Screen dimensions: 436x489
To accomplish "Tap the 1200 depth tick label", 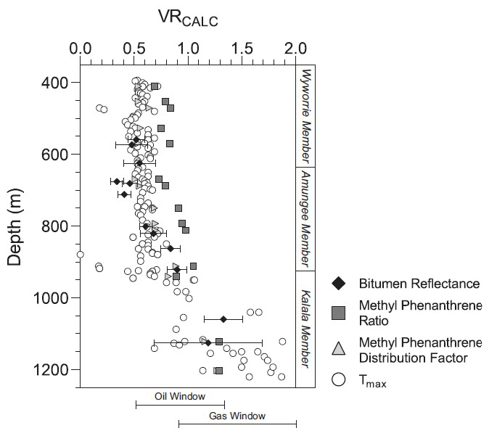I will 51,370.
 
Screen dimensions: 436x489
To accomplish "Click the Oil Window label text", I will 180,397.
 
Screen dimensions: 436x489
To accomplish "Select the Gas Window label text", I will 237,416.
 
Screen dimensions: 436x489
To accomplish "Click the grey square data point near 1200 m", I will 218,371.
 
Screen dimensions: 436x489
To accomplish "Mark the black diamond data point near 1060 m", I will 223,319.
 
